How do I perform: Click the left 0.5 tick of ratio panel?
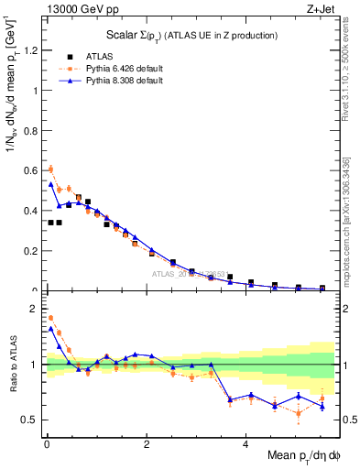(x=31, y=420)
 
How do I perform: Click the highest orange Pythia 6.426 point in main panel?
(x=50, y=169)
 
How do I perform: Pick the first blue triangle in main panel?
(x=50, y=183)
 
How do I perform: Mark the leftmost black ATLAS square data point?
(x=50, y=222)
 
